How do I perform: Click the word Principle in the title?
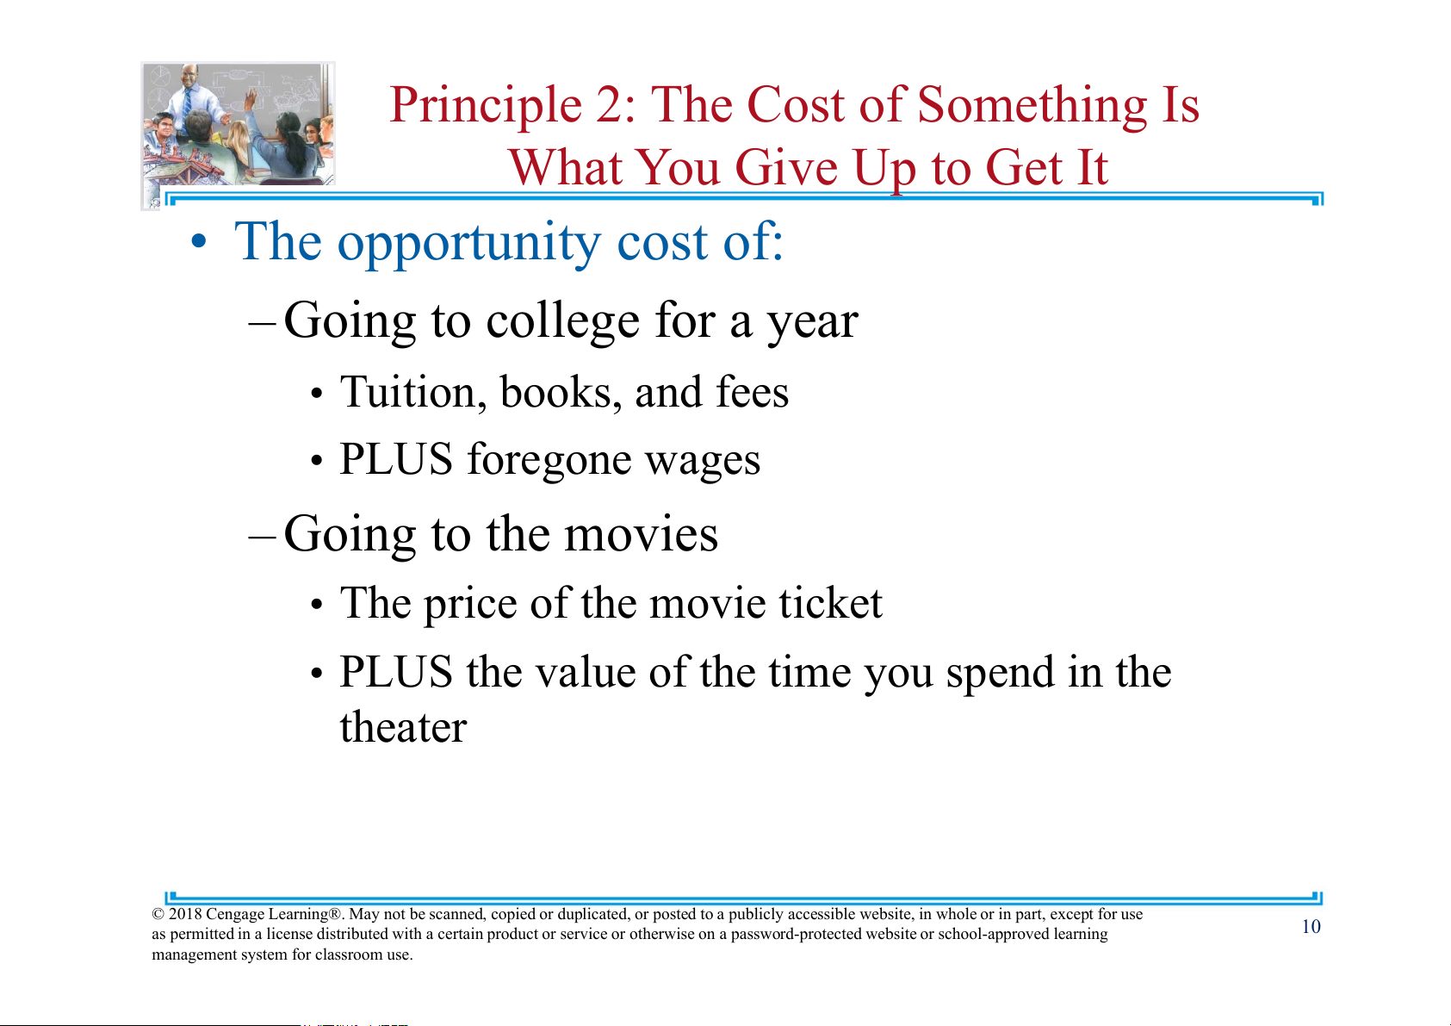486,106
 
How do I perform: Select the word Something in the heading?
1032,106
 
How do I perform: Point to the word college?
562,321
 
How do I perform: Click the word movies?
641,535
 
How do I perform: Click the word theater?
403,726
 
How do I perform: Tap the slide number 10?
1311,927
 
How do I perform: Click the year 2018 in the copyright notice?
184,914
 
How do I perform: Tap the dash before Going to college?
263,322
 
